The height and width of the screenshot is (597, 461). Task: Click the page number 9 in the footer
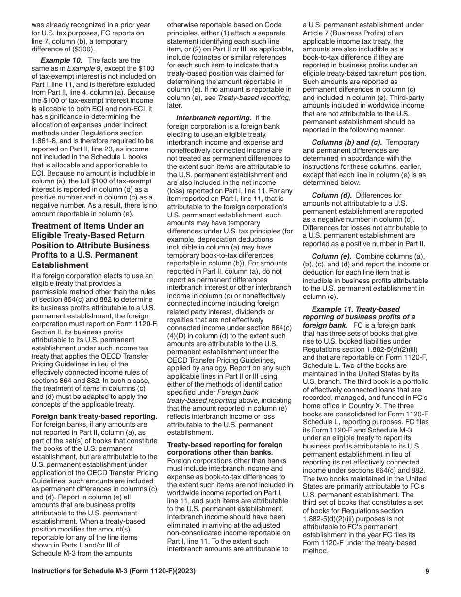[x=427, y=571]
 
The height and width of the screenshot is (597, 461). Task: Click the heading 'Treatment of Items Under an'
[x=87, y=226]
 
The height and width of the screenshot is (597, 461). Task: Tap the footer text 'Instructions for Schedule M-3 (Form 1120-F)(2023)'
[x=114, y=571]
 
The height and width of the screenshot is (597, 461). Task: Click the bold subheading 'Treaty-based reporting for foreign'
[x=225, y=445]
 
